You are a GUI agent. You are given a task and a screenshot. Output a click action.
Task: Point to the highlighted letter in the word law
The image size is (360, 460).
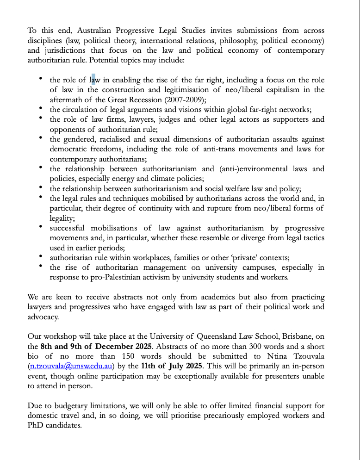[93, 80]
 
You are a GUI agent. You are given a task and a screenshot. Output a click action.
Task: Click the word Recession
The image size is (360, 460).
[155, 99]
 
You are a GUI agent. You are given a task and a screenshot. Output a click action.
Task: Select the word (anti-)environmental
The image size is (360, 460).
[259, 168]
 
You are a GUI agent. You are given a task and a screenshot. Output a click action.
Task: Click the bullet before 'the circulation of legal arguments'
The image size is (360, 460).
[42, 108]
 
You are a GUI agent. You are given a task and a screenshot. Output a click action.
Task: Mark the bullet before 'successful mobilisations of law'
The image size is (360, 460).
[42, 227]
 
